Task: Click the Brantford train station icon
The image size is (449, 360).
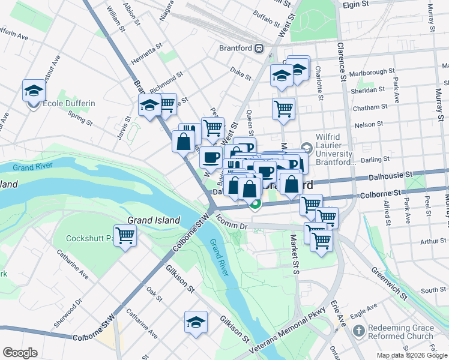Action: (x=259, y=48)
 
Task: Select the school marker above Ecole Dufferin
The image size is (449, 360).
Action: (x=34, y=91)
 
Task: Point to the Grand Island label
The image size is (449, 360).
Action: (x=154, y=220)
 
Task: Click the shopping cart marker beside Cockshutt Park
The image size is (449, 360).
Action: (x=125, y=235)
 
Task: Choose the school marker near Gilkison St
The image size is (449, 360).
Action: (x=196, y=323)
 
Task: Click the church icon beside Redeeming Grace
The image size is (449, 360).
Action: (x=358, y=331)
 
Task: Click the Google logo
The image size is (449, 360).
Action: (x=20, y=353)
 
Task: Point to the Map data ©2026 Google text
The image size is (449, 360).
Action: (x=412, y=355)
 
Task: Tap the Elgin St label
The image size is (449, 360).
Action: (x=355, y=4)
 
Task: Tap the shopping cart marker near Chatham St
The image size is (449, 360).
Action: (x=283, y=109)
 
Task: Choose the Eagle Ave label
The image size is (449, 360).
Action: (x=363, y=311)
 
